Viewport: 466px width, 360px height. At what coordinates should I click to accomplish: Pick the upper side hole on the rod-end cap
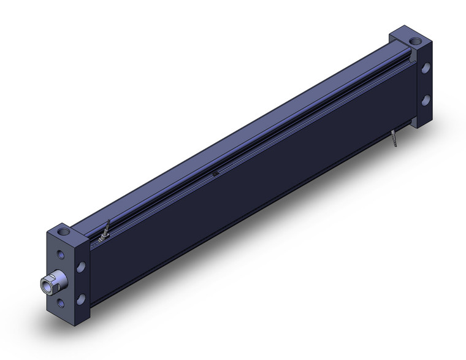pyautogui.click(x=80, y=266)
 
